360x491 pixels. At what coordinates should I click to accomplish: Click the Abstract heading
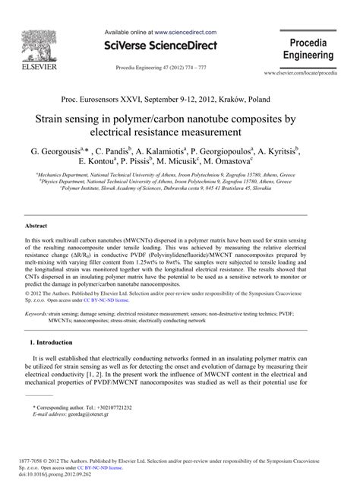click(x=36, y=226)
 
